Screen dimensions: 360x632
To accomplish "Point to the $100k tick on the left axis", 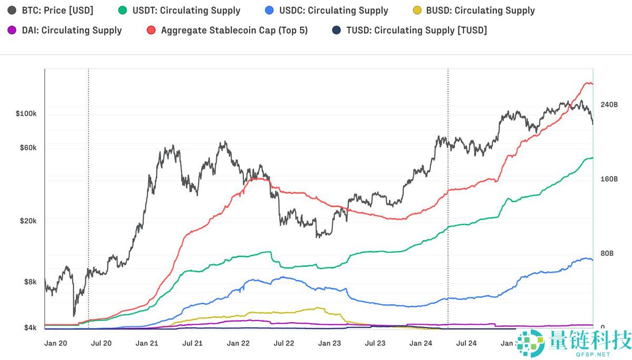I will pyautogui.click(x=26, y=114).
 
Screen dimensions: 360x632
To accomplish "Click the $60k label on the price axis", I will pyautogui.click(x=28, y=148).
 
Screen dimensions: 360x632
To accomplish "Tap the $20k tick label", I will pyautogui.click(x=28, y=221).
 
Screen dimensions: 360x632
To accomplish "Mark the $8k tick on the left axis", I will pyautogui.click(x=30, y=282).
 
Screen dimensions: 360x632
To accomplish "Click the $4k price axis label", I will pyautogui.click(x=30, y=328).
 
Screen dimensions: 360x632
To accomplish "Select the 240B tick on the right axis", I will pyautogui.click(x=609, y=105).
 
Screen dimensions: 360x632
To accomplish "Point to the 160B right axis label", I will pyautogui.click(x=609, y=179).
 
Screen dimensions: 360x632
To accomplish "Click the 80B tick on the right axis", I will pyautogui.click(x=607, y=254).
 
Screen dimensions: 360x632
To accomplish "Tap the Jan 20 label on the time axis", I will pyautogui.click(x=55, y=344).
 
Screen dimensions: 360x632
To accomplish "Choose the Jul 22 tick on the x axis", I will pyautogui.click(x=283, y=344).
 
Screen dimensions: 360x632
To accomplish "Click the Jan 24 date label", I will pyautogui.click(x=420, y=344).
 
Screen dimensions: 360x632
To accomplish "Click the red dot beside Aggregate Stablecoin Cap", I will pyautogui.click(x=151, y=30).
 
